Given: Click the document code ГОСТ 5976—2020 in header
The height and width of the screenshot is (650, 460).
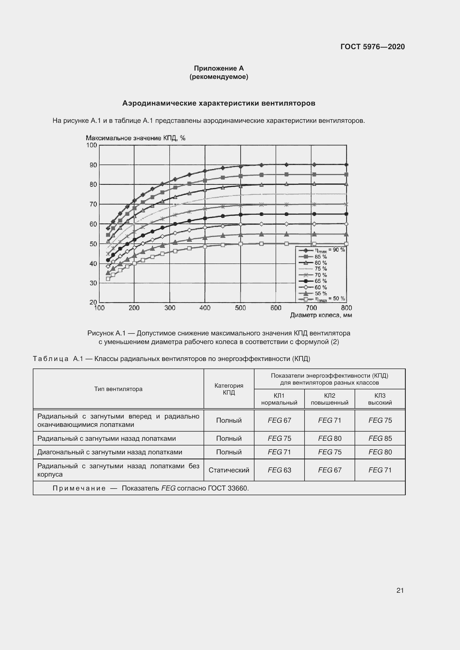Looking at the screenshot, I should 372,47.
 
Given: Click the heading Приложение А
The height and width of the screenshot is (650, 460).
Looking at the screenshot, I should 219,68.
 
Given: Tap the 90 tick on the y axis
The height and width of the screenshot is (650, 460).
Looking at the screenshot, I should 93,165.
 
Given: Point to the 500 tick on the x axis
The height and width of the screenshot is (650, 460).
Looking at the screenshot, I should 240,308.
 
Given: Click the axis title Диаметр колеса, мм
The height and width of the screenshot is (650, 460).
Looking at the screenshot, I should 321,315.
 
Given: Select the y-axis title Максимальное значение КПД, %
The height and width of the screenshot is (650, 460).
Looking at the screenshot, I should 135,138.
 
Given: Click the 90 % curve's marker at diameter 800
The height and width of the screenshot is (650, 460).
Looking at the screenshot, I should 346,165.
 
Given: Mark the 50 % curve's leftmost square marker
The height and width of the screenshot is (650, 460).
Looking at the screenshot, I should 108,278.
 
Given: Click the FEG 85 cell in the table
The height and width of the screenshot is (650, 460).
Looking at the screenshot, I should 380,438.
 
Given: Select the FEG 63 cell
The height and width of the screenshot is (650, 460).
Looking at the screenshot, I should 279,470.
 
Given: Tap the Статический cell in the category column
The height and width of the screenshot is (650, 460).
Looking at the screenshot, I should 229,470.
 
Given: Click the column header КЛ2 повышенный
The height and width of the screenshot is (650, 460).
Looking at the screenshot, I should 329,399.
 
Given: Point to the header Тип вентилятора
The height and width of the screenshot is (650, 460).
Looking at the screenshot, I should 118,389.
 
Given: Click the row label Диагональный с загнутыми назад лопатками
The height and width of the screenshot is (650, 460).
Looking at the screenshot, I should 110,452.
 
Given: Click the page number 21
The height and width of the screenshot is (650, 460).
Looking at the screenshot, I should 400,590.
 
